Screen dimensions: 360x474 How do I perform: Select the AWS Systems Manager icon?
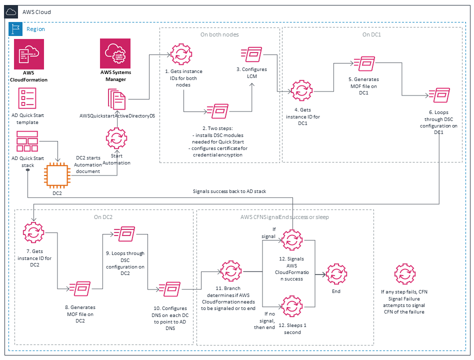click(115, 54)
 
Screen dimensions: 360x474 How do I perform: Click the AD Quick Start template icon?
click(27, 98)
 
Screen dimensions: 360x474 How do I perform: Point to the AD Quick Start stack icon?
click(27, 142)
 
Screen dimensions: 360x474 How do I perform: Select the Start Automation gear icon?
click(116, 137)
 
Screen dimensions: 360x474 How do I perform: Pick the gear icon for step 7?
click(33, 232)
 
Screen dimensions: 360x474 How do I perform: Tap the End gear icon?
click(336, 274)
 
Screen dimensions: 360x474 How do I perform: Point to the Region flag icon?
click(16, 29)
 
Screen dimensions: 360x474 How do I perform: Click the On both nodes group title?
click(219, 34)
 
